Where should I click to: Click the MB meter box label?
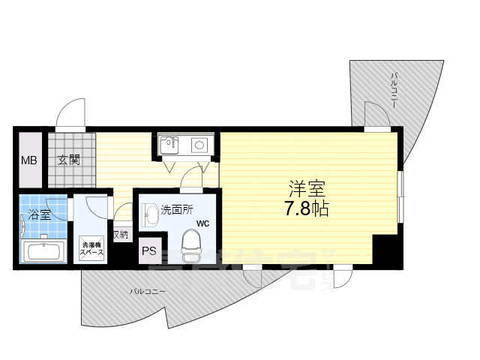tap(28, 160)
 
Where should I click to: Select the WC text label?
tap(203, 223)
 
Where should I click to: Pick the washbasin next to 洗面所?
tap(150, 215)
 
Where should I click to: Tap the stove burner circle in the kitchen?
tap(199, 145)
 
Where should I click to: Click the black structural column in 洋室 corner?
tap(386, 249)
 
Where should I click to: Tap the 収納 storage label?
tap(120, 235)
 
